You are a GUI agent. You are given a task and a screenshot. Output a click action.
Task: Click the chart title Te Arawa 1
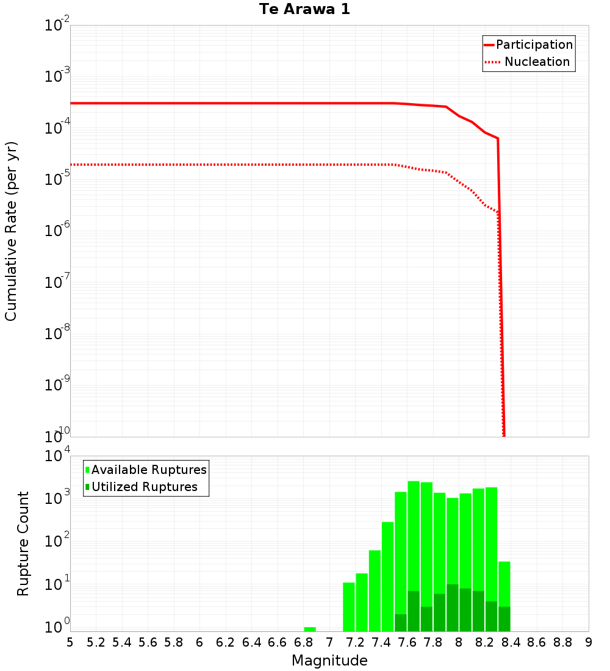[304, 10]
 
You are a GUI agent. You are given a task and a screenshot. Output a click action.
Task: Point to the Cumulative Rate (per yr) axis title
[12, 231]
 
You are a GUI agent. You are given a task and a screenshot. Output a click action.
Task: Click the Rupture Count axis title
[23, 544]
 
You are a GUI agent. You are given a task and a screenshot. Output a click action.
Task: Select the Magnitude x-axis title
[329, 661]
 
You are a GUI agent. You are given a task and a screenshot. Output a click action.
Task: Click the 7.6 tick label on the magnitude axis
[407, 642]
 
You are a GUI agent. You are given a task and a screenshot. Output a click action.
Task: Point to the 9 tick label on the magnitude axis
[589, 642]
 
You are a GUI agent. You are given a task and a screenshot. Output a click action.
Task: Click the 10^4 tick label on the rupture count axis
[58, 456]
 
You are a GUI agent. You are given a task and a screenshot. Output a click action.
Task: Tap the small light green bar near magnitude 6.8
[310, 629]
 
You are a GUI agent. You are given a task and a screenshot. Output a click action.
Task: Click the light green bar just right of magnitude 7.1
[349, 607]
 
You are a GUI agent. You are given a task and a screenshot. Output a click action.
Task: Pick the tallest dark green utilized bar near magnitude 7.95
[453, 608]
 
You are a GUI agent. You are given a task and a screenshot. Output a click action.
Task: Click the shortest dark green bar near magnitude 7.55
[401, 623]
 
